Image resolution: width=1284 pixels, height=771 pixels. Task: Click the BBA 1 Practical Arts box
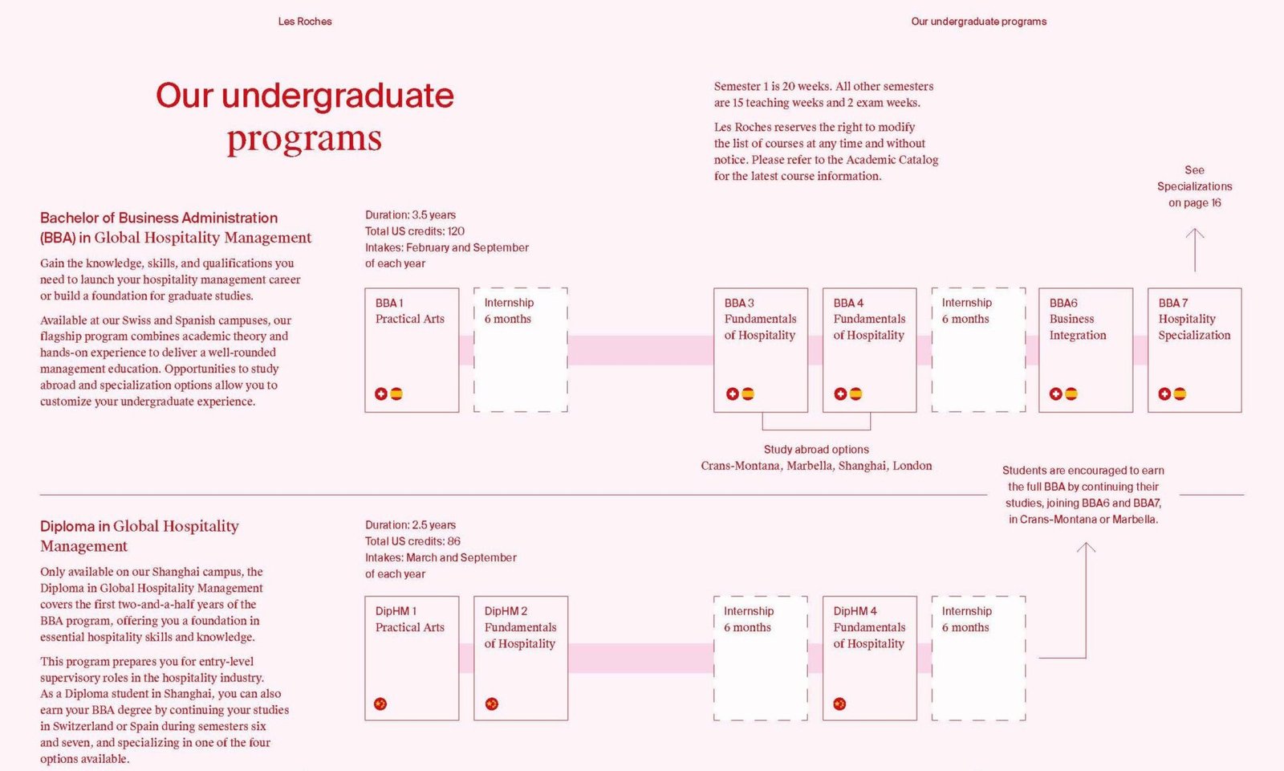point(412,350)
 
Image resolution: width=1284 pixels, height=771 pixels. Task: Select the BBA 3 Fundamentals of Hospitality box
point(761,350)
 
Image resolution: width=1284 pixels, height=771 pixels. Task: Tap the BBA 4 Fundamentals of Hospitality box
point(870,350)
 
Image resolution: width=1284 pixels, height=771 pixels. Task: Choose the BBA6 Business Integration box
point(1086,350)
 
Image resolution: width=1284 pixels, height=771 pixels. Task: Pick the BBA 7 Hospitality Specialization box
point(1195,350)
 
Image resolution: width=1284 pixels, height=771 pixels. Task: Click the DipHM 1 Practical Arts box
point(412,658)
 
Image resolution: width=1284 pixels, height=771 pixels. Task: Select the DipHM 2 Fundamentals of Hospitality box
point(521,658)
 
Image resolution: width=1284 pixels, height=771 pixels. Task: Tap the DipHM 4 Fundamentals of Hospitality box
point(870,658)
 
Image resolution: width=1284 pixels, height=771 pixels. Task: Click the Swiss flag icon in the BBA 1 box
point(381,394)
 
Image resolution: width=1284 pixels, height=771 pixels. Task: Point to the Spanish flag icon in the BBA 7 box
point(1180,394)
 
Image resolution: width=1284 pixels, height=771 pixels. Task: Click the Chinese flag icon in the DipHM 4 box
point(839,704)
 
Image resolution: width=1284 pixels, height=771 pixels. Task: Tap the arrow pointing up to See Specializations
point(1195,250)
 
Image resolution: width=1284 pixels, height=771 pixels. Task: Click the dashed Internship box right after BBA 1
point(521,350)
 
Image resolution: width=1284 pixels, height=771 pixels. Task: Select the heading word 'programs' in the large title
point(304,139)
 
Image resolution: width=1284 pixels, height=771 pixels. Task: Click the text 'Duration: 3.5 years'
point(410,215)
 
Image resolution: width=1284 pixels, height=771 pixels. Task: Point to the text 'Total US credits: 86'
point(412,541)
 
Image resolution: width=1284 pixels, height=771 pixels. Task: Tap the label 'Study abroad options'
point(816,449)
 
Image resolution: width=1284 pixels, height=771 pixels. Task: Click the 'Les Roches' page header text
point(305,21)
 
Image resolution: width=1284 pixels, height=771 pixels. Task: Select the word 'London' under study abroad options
point(912,466)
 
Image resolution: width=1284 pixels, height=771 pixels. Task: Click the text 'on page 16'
point(1195,203)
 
